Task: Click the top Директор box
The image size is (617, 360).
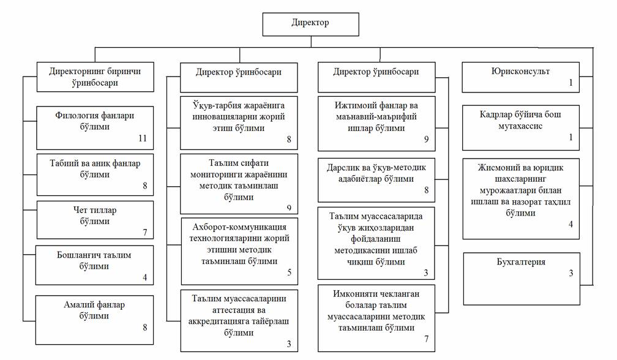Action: pyautogui.click(x=311, y=24)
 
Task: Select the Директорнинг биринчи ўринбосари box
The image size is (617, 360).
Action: pyautogui.click(x=95, y=77)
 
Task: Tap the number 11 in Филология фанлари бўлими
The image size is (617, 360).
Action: pyautogui.click(x=143, y=138)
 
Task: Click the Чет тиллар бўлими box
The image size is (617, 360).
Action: pyautogui.click(x=95, y=220)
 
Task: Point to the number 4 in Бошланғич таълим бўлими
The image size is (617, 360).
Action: pyautogui.click(x=145, y=277)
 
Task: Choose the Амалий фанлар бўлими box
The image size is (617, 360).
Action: pyautogui.click(x=94, y=320)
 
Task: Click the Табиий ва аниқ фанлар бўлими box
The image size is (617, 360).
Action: pyautogui.click(x=95, y=174)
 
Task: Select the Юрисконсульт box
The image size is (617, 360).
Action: pyautogui.click(x=520, y=77)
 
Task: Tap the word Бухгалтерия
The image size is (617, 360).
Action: pyautogui.click(x=521, y=262)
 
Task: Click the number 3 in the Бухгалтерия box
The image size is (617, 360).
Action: pyautogui.click(x=571, y=273)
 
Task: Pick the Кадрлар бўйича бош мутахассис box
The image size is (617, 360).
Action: pyautogui.click(x=521, y=127)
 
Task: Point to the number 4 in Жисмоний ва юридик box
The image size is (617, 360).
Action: pyautogui.click(x=570, y=224)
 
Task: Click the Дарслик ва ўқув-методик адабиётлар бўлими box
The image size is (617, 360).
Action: pyautogui.click(x=376, y=180)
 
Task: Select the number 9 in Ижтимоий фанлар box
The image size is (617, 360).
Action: pyautogui.click(x=426, y=139)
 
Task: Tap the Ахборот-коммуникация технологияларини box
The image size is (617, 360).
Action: pyautogui.click(x=240, y=251)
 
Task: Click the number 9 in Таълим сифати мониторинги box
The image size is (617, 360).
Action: pyautogui.click(x=289, y=208)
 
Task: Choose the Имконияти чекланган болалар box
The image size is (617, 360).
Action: pyautogui.click(x=376, y=318)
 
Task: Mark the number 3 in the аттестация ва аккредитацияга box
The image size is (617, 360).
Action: pyautogui.click(x=289, y=344)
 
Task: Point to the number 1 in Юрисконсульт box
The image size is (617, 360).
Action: pyautogui.click(x=570, y=83)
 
